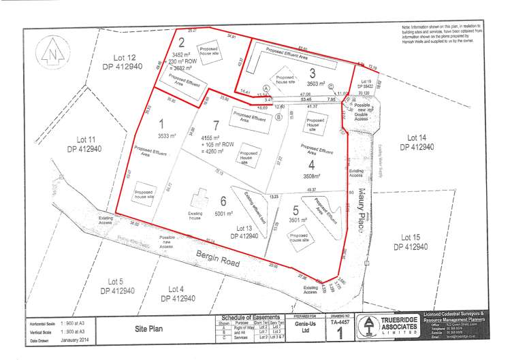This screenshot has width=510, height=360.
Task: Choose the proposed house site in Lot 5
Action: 300,238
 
